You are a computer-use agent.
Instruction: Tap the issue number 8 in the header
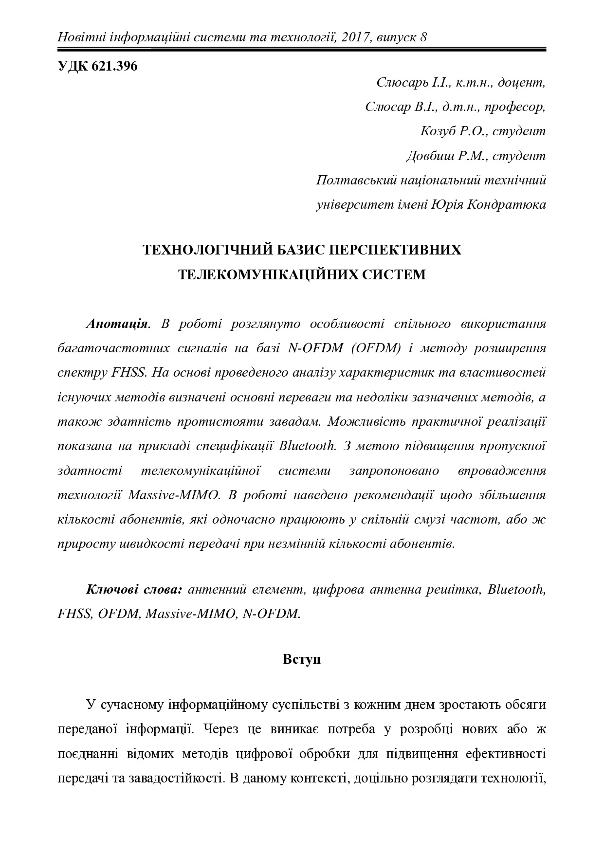pos(423,37)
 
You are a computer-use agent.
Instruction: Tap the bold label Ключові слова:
pos(134,590)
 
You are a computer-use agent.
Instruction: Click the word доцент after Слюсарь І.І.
pos(522,83)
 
